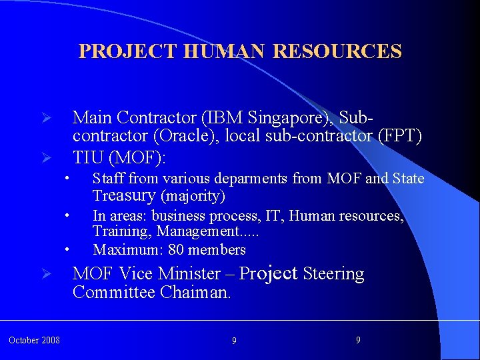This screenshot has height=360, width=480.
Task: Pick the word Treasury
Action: click(x=123, y=195)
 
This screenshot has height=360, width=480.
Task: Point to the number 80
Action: click(x=176, y=250)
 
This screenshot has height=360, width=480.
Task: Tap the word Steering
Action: click(x=333, y=274)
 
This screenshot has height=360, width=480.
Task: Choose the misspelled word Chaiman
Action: click(x=195, y=293)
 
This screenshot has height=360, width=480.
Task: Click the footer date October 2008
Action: click(x=34, y=341)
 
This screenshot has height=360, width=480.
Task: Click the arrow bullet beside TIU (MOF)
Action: click(x=47, y=159)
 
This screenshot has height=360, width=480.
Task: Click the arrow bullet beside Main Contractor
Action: click(x=47, y=118)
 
